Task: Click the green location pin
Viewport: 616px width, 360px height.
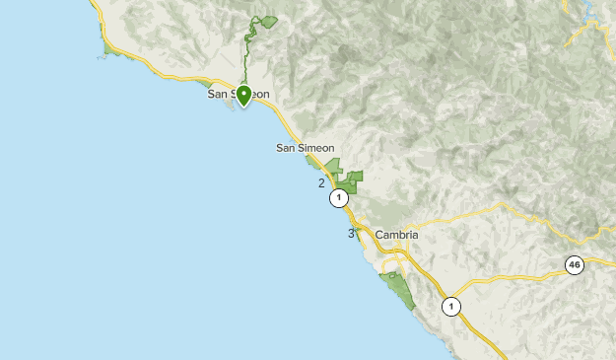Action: [243, 95]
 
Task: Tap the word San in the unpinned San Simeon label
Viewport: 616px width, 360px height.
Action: [287, 148]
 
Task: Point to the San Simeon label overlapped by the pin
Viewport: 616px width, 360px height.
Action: [238, 95]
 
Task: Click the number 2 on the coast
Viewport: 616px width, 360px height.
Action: [321, 182]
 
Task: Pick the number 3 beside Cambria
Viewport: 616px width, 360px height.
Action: [351, 234]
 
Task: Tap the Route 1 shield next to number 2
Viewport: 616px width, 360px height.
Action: [339, 198]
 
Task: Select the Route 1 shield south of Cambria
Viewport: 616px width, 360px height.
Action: [450, 305]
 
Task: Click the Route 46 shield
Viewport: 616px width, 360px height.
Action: [575, 264]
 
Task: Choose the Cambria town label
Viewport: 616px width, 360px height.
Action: [396, 235]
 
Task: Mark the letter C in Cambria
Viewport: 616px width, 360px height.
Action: [379, 235]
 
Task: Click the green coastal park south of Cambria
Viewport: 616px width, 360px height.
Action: [399, 291]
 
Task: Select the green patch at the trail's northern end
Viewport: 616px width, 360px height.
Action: [268, 21]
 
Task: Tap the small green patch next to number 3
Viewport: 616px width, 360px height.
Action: [359, 230]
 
